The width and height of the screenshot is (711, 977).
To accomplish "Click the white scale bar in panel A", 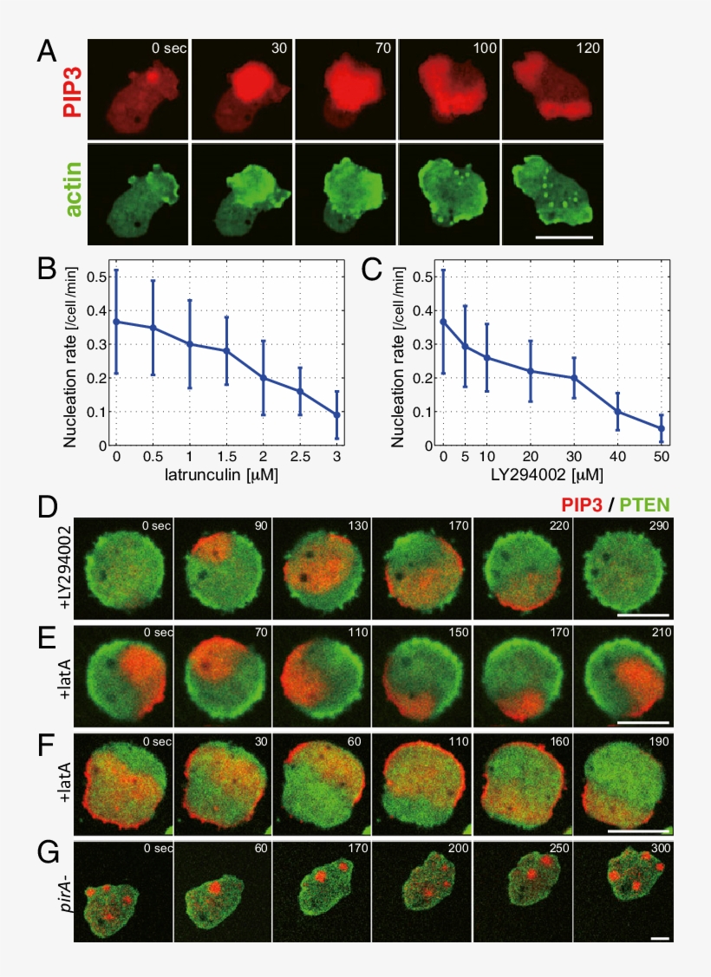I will (564, 235).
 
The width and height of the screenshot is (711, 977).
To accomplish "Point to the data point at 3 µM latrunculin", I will (336, 414).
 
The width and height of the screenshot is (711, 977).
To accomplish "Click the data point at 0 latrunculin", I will (115, 322).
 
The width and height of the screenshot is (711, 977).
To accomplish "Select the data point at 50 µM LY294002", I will (662, 428).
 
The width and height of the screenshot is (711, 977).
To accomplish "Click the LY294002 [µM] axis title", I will (552, 476).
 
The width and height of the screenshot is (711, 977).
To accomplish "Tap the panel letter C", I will (372, 270).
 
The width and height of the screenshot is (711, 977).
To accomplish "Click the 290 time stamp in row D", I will (654, 525).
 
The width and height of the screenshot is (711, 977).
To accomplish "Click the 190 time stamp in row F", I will (654, 741).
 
